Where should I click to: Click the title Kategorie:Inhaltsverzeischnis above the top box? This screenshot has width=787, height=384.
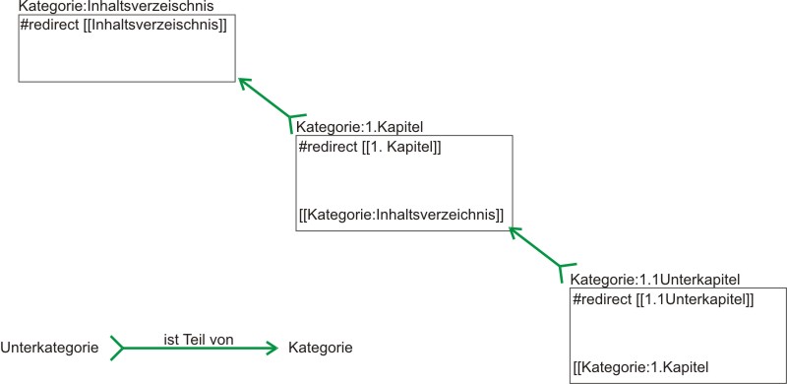coord(116,8)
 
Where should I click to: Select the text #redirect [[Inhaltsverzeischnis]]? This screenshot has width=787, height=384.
coord(123,24)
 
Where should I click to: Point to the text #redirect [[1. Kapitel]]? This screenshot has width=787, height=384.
coord(369,147)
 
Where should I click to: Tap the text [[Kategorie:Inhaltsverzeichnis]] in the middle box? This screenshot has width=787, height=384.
coord(400,213)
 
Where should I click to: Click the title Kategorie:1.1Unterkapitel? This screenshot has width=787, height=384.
coord(654,280)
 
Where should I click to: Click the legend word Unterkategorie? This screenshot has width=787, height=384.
coord(49,348)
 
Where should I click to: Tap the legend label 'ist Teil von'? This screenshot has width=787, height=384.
coord(198,339)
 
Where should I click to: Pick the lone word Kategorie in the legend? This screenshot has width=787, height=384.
coord(321,348)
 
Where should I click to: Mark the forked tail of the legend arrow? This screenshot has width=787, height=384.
coord(117,348)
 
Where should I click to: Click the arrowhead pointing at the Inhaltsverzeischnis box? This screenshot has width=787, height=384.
coord(243,85)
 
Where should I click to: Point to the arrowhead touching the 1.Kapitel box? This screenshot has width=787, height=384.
coord(514,232)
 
